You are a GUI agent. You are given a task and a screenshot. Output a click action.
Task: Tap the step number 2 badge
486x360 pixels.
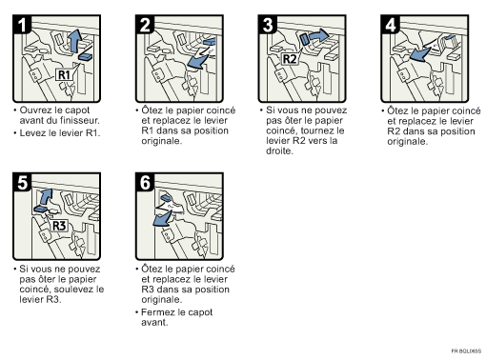point(145,29)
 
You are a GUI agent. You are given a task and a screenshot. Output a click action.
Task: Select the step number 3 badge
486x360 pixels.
point(269,29)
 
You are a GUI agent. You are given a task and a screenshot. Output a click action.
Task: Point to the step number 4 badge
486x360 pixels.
point(392,29)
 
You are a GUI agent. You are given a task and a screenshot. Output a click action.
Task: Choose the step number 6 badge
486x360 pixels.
point(145,186)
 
